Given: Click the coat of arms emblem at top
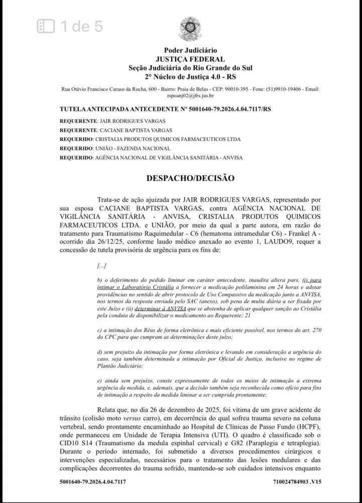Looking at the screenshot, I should [x=190, y=29].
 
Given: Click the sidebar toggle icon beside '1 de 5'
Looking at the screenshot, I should [x=46, y=26].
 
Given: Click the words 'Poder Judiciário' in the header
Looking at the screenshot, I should [x=190, y=50].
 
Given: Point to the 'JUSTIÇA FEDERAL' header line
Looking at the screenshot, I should [x=190, y=59].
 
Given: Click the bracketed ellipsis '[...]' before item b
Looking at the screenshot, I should [x=102, y=266].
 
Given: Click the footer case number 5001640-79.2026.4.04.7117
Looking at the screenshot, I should [x=92, y=481].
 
